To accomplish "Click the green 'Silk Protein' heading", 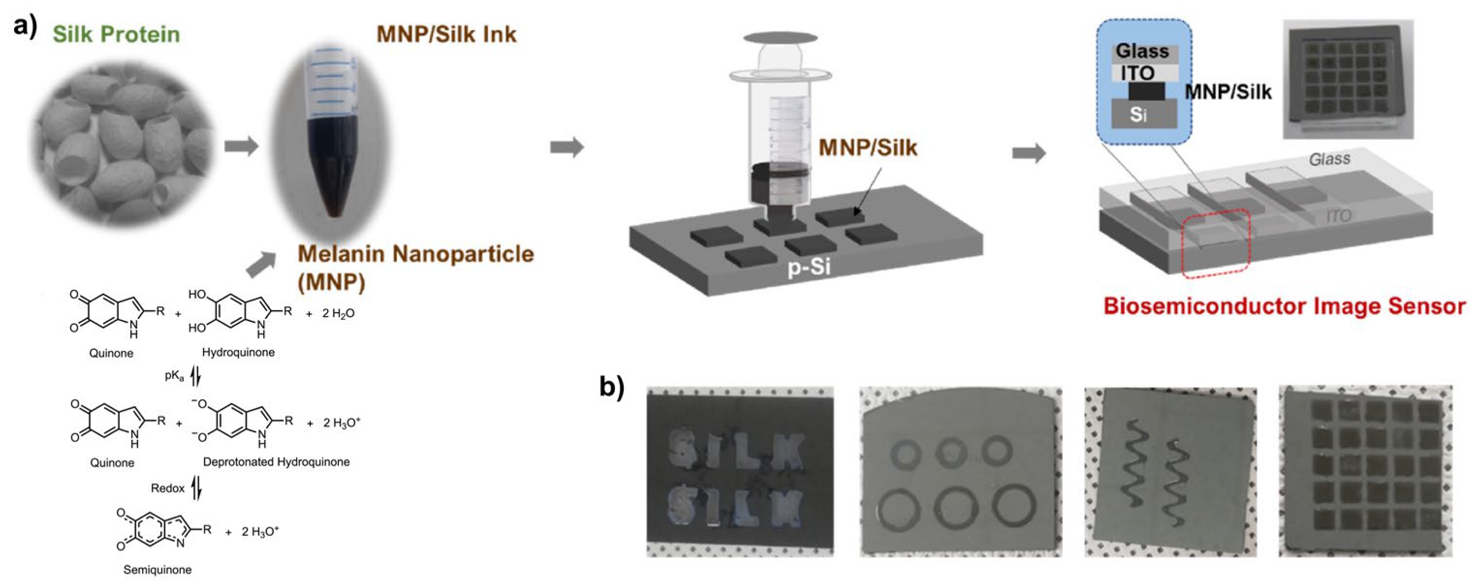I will click(116, 34).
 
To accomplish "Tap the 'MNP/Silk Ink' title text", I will click(446, 34).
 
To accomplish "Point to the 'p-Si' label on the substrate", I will click(809, 268).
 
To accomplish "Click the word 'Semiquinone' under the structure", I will click(157, 570).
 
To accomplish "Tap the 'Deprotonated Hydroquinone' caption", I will click(276, 462).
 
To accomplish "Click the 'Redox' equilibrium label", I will click(167, 488).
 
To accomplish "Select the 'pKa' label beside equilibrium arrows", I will click(174, 376).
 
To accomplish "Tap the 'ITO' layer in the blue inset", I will click(1137, 73).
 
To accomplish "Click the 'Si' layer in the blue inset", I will click(1138, 114).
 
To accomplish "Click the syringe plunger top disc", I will click(780, 38).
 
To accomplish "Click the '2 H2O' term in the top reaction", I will click(338, 314).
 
